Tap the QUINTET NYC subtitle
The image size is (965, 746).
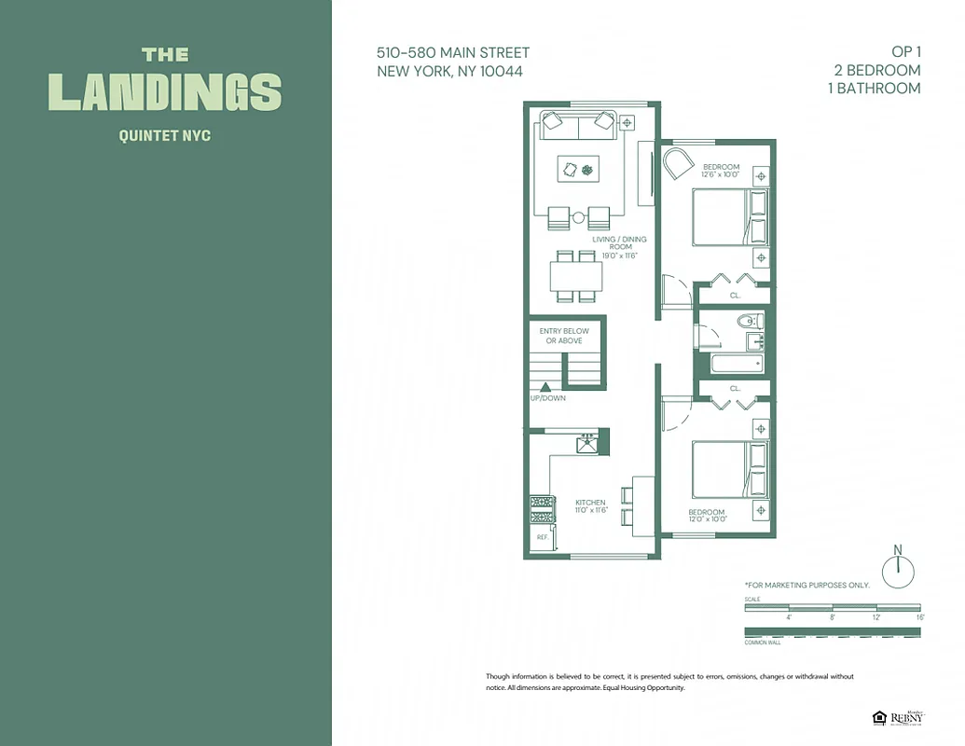click(165, 136)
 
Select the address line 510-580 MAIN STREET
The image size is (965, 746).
click(453, 53)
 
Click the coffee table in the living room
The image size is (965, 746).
click(578, 169)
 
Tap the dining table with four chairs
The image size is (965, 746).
click(575, 276)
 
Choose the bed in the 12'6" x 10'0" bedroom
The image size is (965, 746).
click(729, 217)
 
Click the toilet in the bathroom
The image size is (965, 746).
click(750, 323)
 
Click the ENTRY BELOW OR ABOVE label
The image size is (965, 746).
click(564, 337)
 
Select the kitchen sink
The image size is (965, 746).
click(587, 444)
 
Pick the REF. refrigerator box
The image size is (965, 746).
click(541, 538)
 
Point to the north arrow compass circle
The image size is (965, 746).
click(898, 570)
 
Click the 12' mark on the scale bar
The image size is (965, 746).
click(875, 617)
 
